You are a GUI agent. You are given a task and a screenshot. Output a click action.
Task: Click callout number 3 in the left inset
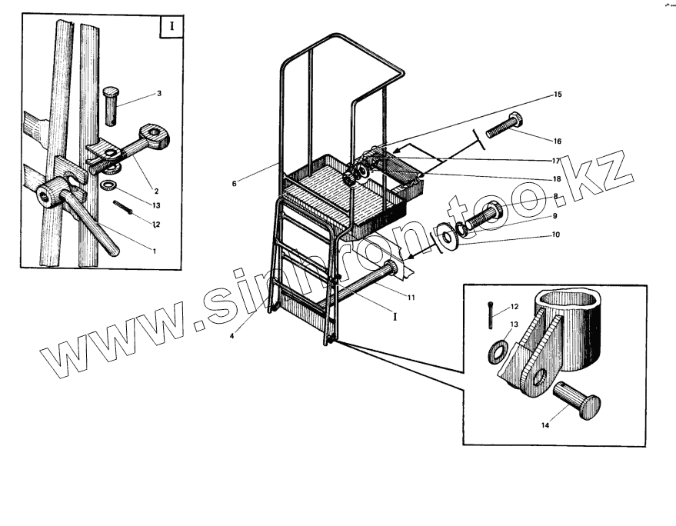pos(158,94)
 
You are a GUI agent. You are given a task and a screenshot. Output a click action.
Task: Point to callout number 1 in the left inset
pos(153,250)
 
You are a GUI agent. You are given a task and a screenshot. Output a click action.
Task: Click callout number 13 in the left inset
pos(156,206)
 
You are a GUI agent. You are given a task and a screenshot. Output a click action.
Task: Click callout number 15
pos(558,95)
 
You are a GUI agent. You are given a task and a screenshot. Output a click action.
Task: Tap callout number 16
pos(558,141)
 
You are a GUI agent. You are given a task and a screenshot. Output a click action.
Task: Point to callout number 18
pos(558,178)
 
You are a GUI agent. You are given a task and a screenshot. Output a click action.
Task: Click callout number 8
pos(554,197)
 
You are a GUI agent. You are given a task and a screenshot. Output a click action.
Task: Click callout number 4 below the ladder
pos(231,335)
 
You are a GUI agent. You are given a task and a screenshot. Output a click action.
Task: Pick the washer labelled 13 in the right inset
pos(496,351)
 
